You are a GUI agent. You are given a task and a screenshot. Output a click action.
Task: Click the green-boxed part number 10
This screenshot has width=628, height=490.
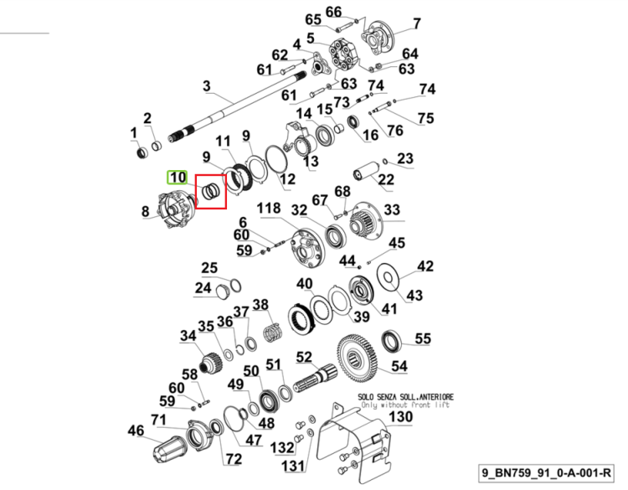177,177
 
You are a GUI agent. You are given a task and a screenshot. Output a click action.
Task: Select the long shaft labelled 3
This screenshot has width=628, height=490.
237,106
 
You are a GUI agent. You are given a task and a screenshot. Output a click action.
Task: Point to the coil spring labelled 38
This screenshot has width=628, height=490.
274,332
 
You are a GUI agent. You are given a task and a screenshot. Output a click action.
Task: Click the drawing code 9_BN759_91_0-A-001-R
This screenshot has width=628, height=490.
546,472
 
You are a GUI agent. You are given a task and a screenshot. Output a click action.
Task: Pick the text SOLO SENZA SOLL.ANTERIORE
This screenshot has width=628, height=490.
405,397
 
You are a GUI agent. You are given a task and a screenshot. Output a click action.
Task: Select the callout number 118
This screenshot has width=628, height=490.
268,209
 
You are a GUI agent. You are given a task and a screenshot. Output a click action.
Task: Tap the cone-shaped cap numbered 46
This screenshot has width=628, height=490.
169,447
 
